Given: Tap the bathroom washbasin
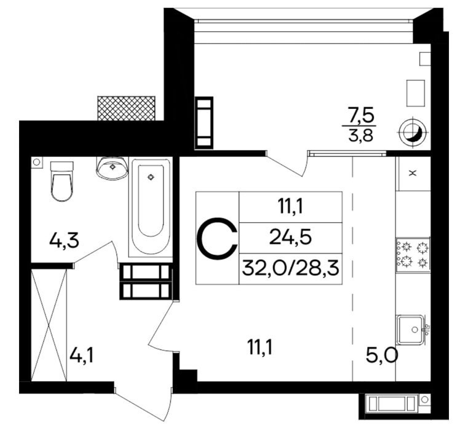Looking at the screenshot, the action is click(112, 168).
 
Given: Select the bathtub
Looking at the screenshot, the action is click(151, 207).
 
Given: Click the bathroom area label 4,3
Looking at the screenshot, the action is click(64, 241).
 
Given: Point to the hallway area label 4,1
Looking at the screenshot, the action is click(81, 356).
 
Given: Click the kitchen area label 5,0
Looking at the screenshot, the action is click(382, 356).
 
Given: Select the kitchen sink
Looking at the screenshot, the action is click(413, 329).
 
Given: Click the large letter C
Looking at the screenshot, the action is click(218, 238).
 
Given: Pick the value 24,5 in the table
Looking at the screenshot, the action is click(290, 238).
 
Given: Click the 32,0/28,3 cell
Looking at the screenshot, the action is click(290, 268).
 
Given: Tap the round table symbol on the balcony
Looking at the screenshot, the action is click(413, 132).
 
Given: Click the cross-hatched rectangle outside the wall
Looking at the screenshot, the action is click(126, 108).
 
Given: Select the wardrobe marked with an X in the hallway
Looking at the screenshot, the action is click(49, 325).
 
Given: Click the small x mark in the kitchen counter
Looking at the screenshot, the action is click(413, 173).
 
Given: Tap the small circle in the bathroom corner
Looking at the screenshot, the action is click(37, 162).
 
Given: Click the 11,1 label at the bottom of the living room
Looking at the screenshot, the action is click(260, 348).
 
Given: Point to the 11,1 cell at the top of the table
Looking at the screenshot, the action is click(290, 207).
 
